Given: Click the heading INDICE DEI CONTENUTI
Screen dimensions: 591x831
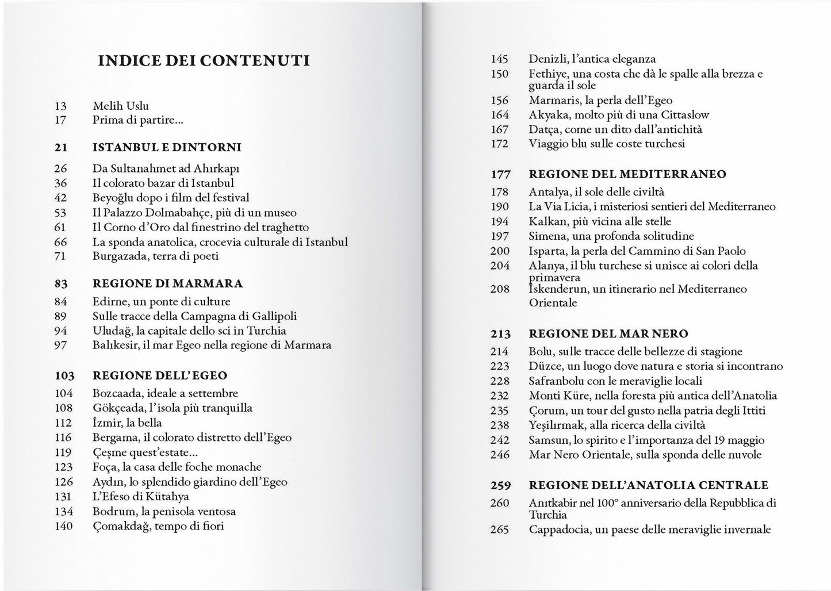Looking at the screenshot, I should tap(204, 61).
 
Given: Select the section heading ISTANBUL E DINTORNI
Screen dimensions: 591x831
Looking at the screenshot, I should tap(167, 148).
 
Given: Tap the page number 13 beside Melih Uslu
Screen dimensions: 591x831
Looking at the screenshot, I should tap(60, 106).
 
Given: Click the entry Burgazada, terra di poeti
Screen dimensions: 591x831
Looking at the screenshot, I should tap(155, 256).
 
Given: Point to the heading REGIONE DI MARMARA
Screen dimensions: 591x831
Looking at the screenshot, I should tap(167, 284).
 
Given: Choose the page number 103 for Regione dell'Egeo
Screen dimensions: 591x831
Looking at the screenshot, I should tap(64, 376).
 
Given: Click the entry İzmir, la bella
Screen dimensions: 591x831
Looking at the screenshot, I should tap(127, 423).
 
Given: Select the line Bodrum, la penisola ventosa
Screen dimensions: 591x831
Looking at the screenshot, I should tap(164, 512).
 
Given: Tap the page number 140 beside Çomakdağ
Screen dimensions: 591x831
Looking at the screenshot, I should tap(63, 526).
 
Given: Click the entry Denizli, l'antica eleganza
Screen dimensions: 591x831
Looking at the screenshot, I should tap(592, 59).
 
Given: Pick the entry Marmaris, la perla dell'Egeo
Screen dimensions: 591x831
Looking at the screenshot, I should tap(600, 101).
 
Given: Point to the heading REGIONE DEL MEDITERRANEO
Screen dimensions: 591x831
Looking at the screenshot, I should tap(627, 174).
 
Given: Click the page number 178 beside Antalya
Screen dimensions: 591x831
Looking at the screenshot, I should tap(499, 192).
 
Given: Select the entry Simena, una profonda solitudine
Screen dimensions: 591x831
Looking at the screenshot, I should tap(611, 236).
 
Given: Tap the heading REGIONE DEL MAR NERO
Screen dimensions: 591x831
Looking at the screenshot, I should tap(608, 334).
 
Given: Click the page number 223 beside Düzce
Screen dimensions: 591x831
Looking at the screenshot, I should tap(499, 366).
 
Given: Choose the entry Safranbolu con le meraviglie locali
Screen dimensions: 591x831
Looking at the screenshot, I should tap(615, 381).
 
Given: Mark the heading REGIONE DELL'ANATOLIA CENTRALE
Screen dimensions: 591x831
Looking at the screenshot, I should tap(648, 486).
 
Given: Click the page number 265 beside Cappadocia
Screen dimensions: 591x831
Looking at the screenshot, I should tap(499, 529).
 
